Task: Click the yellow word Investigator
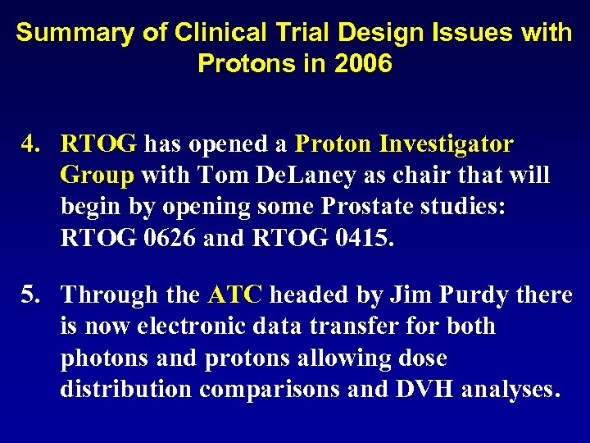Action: point(447,144)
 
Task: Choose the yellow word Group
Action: point(97,176)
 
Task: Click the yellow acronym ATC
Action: point(235,295)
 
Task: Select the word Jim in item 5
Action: point(404,295)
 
